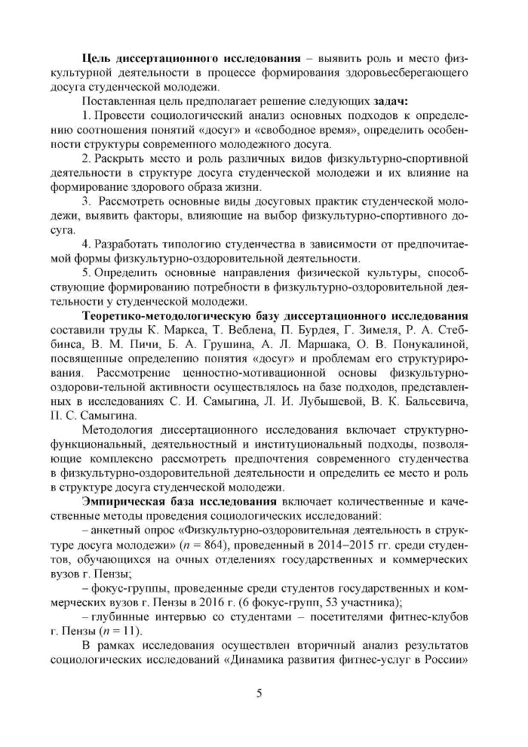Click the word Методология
[120, 430]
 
